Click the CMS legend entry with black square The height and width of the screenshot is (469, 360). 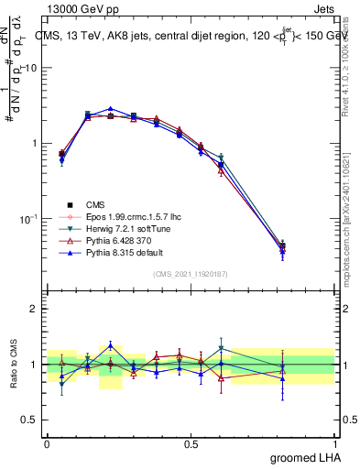[96, 204]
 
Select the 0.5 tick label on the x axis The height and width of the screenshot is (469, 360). [191, 442]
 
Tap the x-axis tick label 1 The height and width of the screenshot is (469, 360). [335, 442]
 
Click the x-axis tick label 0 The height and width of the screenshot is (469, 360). [47, 442]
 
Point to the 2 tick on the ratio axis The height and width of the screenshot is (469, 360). [34, 310]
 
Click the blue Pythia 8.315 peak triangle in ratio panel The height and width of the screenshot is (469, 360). [110, 345]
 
